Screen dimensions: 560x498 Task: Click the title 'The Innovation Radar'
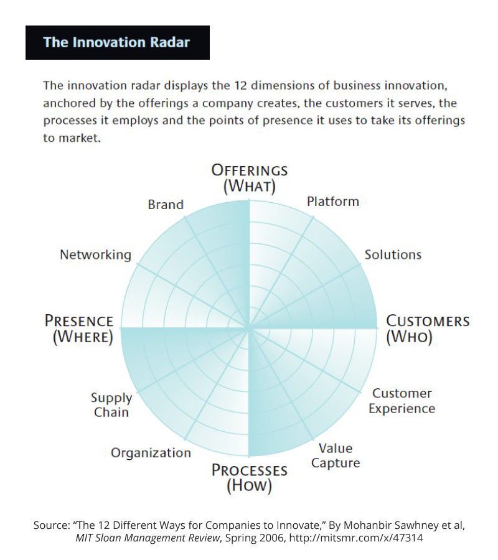116,43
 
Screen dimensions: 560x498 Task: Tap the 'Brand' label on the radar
166,205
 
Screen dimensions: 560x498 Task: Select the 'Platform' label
333,202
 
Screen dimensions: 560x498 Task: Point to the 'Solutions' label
393,254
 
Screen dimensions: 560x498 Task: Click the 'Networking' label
95,254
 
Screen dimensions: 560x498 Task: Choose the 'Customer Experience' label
402,401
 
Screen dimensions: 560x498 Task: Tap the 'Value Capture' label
336,455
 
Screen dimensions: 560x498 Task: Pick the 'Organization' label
151,453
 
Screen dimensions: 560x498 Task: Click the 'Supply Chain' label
111,405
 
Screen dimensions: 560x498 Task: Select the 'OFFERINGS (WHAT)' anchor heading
250,177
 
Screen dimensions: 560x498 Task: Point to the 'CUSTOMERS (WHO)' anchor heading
428,329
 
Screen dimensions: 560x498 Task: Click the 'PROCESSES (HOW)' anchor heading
250,477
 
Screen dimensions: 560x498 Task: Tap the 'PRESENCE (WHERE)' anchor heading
79,329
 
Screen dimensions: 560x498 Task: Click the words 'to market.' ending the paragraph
72,138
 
